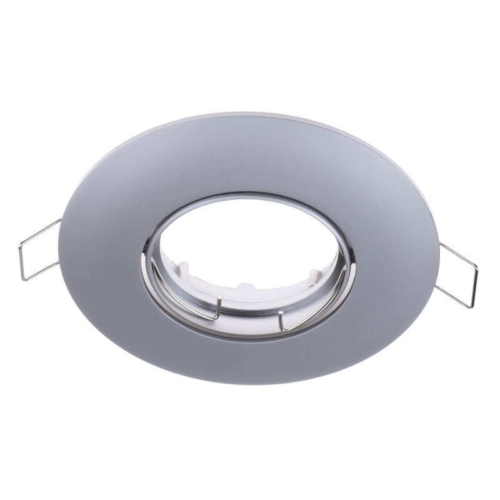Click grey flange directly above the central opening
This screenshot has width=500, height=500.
tap(250, 156)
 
